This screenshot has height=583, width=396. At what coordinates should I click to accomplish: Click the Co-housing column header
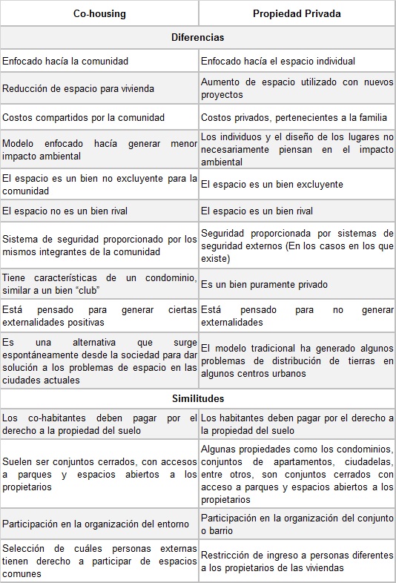[x=99, y=13]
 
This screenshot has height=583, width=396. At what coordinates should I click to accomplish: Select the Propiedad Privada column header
[x=297, y=13]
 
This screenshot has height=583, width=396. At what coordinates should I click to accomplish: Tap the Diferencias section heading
[x=197, y=37]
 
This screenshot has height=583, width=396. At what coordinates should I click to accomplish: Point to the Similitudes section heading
[x=197, y=398]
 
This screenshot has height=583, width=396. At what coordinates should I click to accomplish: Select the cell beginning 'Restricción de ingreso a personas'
[x=297, y=561]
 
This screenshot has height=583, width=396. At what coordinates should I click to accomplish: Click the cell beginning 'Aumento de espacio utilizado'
[x=297, y=89]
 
